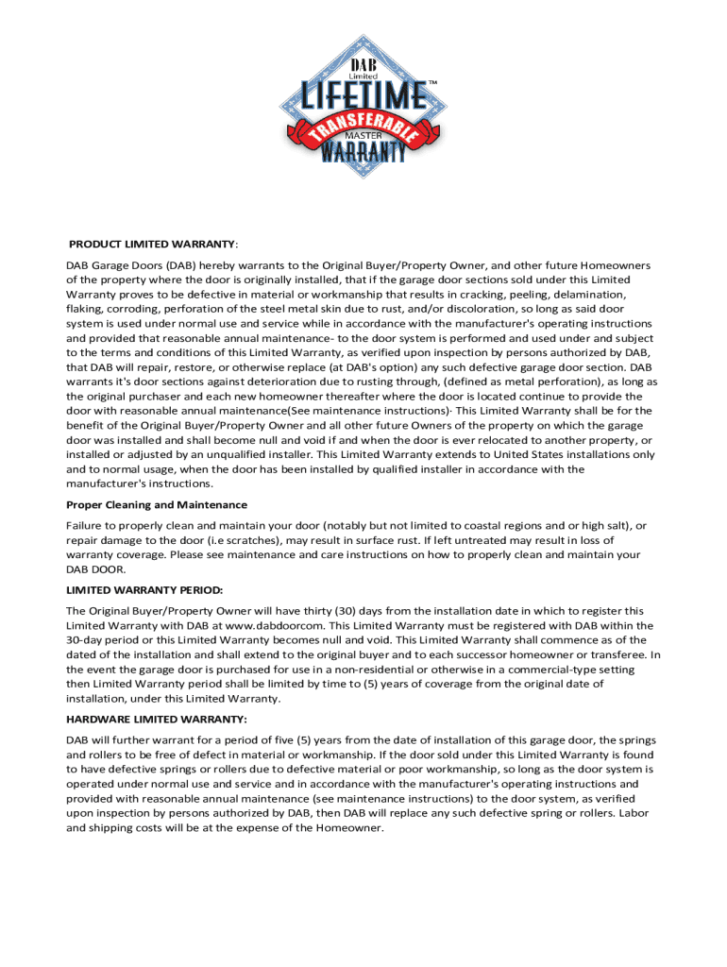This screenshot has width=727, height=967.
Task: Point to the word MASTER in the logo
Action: [363, 135]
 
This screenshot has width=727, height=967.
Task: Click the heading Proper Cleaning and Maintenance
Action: [157, 504]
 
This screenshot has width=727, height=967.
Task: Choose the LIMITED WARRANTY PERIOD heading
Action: [144, 590]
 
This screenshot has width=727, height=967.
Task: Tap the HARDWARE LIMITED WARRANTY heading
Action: [157, 719]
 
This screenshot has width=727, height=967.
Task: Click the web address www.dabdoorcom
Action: [275, 625]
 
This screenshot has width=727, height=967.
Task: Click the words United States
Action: [526, 454]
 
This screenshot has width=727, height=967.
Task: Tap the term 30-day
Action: [87, 640]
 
